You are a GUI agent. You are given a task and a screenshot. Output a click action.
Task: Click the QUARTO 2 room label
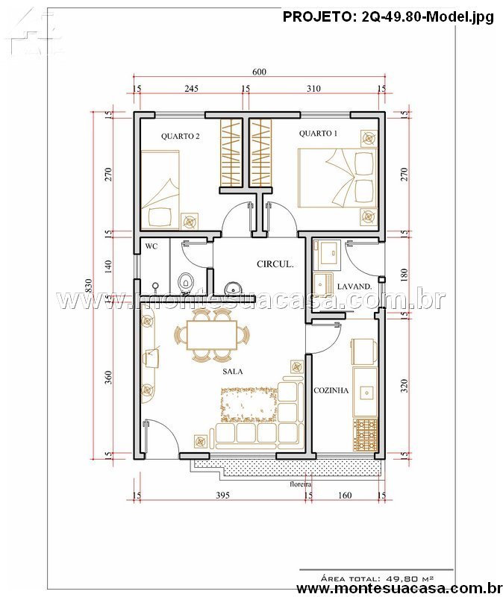pyautogui.click(x=180, y=137)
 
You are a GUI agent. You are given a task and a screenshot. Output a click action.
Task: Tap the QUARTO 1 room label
pyautogui.click(x=318, y=134)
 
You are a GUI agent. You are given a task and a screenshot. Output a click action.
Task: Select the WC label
pyautogui.click(x=151, y=246)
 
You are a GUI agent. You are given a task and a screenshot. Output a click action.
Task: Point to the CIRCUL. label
pyautogui.click(x=275, y=264)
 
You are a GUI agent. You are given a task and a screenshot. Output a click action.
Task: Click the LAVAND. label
pyautogui.click(x=354, y=287)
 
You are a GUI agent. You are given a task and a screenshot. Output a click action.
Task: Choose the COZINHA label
pyautogui.click(x=331, y=390)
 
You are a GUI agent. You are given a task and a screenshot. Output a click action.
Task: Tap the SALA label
pyautogui.click(x=233, y=372)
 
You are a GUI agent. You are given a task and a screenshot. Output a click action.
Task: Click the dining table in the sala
pyautogui.click(x=212, y=335)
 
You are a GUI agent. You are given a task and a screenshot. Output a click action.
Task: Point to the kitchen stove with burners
pyautogui.click(x=365, y=434)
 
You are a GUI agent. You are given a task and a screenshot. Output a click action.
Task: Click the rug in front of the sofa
pyautogui.click(x=249, y=404)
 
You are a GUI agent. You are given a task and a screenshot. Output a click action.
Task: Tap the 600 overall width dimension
pyautogui.click(x=259, y=72)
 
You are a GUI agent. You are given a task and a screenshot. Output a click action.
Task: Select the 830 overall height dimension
pyautogui.click(x=88, y=286)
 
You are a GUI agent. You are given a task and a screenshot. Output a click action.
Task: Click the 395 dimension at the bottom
pyautogui.click(x=222, y=495)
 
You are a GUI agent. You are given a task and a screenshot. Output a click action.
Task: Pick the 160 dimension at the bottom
pyautogui.click(x=345, y=495)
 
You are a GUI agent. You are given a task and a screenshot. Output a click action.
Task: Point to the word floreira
pyautogui.click(x=301, y=484)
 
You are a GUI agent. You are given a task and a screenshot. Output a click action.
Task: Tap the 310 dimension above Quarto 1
pyautogui.click(x=313, y=89)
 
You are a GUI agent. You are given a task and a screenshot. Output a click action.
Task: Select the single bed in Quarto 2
pyautogui.click(x=160, y=190)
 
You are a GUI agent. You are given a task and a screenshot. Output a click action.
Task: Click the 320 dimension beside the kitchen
pyautogui.click(x=404, y=386)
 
